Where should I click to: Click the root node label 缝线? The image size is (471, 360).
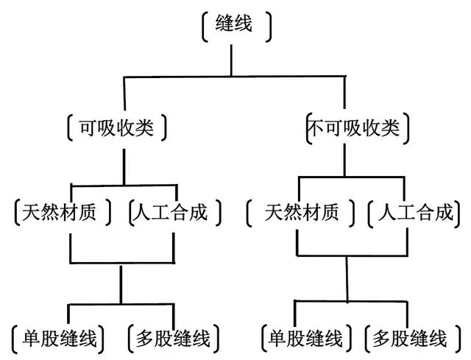pyautogui.click(x=235, y=24)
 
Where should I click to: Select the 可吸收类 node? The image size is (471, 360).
pyautogui.click(x=116, y=127)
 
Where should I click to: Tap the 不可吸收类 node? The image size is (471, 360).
pyautogui.click(x=353, y=127)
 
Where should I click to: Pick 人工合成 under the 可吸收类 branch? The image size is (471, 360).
pyautogui.click(x=168, y=213)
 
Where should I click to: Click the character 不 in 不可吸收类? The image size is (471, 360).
pyautogui.click(x=315, y=127)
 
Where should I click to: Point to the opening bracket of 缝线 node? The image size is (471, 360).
pyautogui.click(x=204, y=26)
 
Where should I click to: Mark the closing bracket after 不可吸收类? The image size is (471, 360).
pyautogui.click(x=407, y=127)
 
